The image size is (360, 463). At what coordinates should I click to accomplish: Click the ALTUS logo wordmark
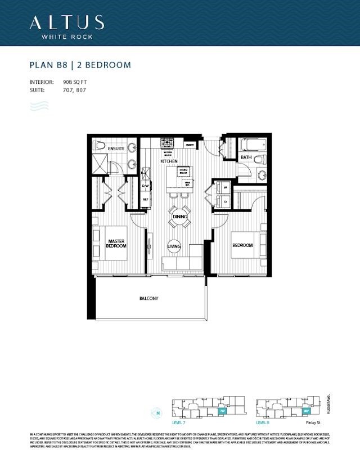click(x=66, y=22)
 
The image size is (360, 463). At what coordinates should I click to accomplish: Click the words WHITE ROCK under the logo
click(x=66, y=37)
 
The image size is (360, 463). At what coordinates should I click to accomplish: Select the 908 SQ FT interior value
click(x=75, y=82)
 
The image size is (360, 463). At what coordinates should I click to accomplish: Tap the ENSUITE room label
click(x=116, y=148)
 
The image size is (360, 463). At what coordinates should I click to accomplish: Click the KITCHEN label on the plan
click(x=169, y=161)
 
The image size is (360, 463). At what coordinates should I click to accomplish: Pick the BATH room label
click(x=246, y=158)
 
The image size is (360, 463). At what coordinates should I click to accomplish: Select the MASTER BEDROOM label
click(x=116, y=244)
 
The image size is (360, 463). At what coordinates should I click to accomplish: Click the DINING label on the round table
click(x=179, y=217)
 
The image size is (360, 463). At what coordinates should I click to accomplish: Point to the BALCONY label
click(x=149, y=298)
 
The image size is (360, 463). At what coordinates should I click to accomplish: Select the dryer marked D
click(x=225, y=201)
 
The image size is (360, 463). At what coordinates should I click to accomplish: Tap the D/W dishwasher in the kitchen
click(x=145, y=186)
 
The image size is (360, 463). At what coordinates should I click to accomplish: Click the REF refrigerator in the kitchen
click(x=145, y=199)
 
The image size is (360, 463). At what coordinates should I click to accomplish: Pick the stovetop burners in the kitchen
click(x=167, y=143)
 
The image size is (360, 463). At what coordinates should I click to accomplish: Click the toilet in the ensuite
click(x=100, y=146)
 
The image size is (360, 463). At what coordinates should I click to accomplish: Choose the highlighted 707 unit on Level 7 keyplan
click(x=223, y=411)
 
